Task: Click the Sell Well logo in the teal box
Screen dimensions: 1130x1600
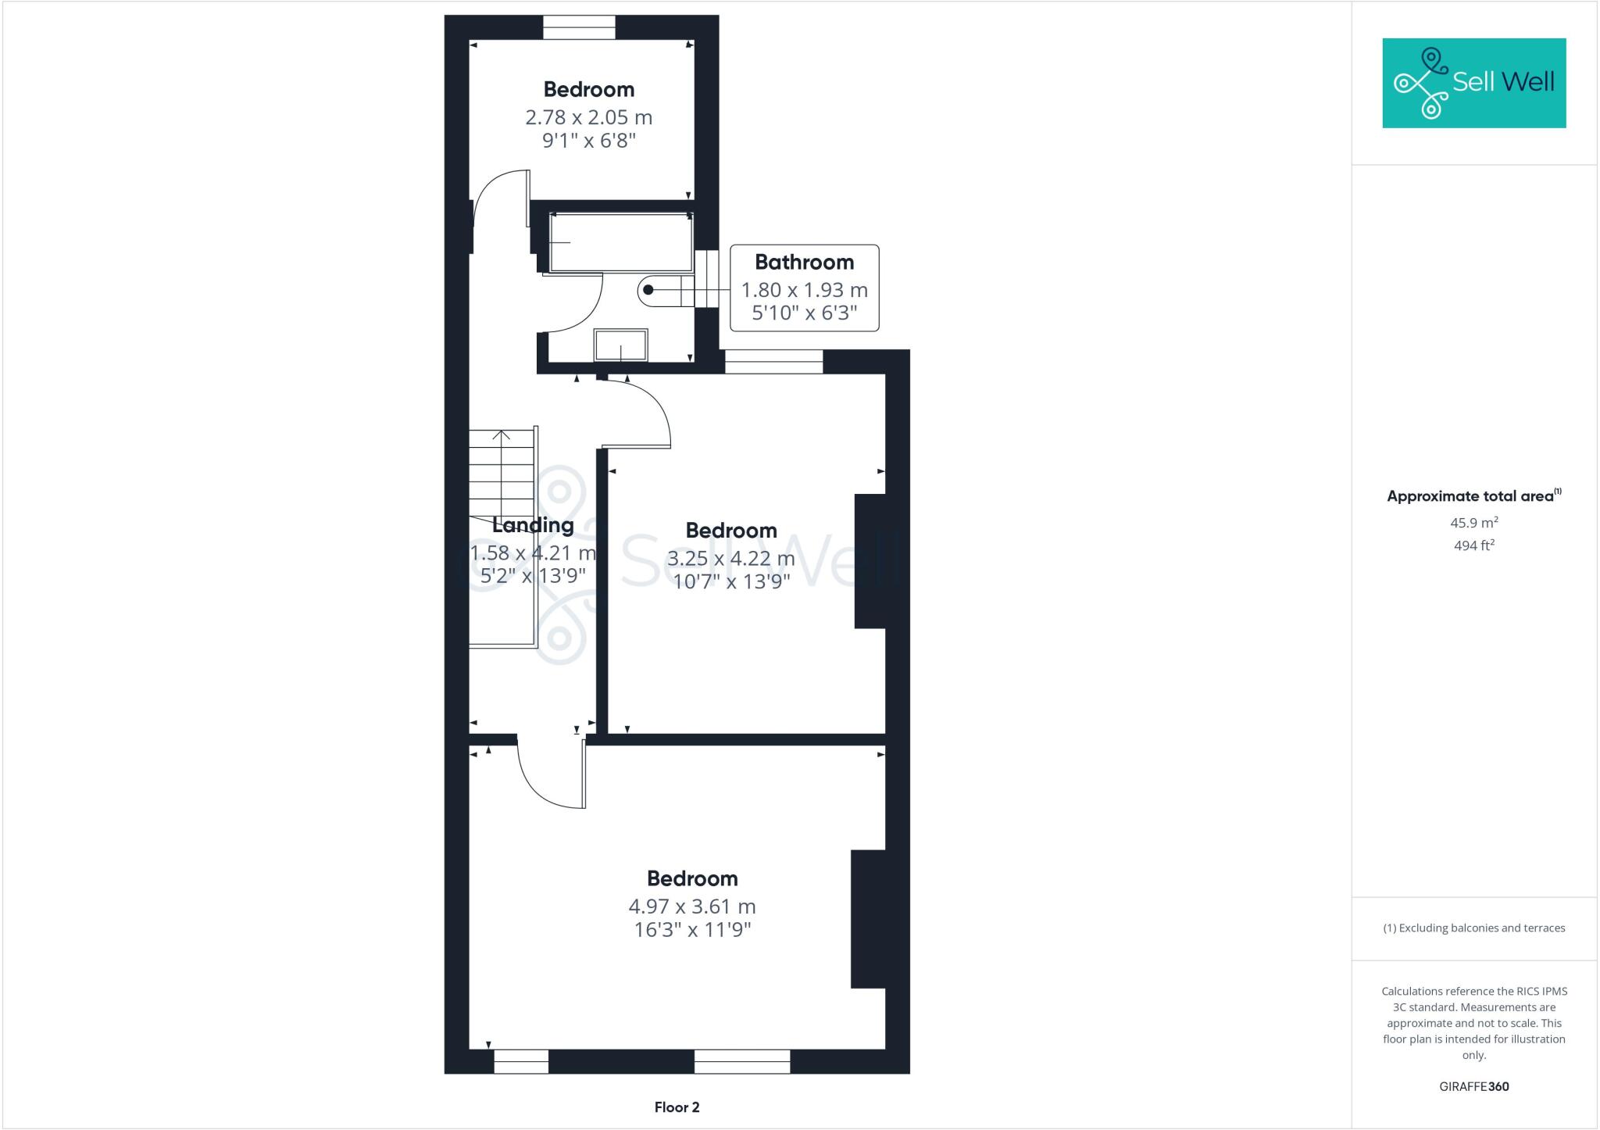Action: (x=1473, y=83)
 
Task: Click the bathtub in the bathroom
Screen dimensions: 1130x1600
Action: (x=621, y=242)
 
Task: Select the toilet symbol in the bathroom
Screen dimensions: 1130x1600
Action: (x=666, y=291)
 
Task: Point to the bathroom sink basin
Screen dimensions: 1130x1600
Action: (x=621, y=345)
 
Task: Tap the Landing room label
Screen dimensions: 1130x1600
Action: (x=534, y=525)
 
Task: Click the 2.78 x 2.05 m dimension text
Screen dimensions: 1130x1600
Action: (x=588, y=118)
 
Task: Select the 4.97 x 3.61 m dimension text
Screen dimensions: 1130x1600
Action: (x=692, y=907)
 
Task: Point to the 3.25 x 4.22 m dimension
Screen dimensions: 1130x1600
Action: (x=730, y=559)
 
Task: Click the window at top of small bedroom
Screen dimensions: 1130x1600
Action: (x=579, y=27)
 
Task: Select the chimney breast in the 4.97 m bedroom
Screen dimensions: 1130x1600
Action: (x=868, y=919)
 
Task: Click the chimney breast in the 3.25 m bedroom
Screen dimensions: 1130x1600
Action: (x=870, y=561)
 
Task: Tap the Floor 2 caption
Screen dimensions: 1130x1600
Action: (x=677, y=1107)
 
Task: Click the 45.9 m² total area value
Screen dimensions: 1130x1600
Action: (x=1473, y=523)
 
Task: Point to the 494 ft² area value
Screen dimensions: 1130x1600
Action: (x=1473, y=545)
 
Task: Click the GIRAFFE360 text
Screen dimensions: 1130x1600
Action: (x=1473, y=1086)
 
